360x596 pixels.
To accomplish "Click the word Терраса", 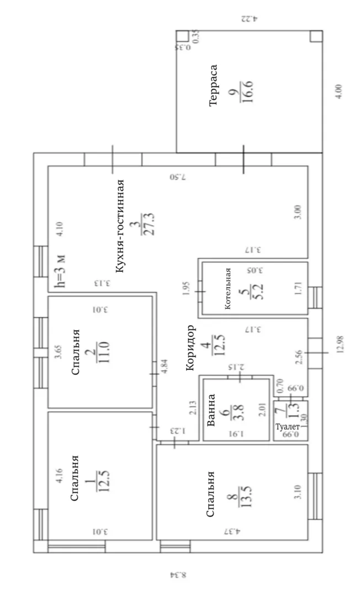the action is pos(214,85).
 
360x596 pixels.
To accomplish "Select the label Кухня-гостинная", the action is pos(120,225).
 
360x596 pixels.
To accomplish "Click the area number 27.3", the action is pos(148,224).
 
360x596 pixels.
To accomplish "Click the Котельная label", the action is pos(227,289).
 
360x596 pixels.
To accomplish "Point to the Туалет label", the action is pos(288,427).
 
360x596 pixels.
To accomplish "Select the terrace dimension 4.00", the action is pos(338,92).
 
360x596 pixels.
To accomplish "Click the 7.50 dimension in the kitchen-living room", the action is pos(178,177).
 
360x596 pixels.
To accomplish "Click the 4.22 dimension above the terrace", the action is pos(250,18).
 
